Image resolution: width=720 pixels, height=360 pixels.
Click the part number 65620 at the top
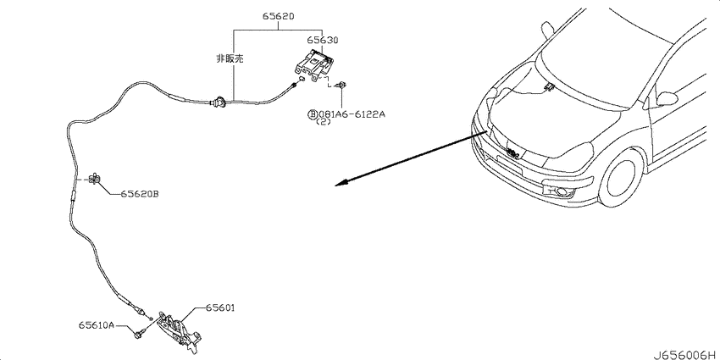pos(279,17)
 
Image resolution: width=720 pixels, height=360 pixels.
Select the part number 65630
pos(323,41)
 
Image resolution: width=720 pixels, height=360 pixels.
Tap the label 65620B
pos(140,194)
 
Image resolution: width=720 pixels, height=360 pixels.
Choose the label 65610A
pos(96,325)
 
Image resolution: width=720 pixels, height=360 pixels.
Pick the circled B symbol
pos(313,114)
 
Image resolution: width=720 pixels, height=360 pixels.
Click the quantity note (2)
pos(323,123)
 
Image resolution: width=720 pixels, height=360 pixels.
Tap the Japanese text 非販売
pos(230,58)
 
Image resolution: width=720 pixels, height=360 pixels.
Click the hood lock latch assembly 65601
pos(179,330)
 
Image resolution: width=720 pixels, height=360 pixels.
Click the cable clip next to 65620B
pos(95,178)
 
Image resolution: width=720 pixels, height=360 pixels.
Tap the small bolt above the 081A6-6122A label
pos(341,85)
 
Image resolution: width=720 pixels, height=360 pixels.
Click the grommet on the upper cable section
pos(219,102)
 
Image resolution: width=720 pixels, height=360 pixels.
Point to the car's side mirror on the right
pos(667,98)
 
